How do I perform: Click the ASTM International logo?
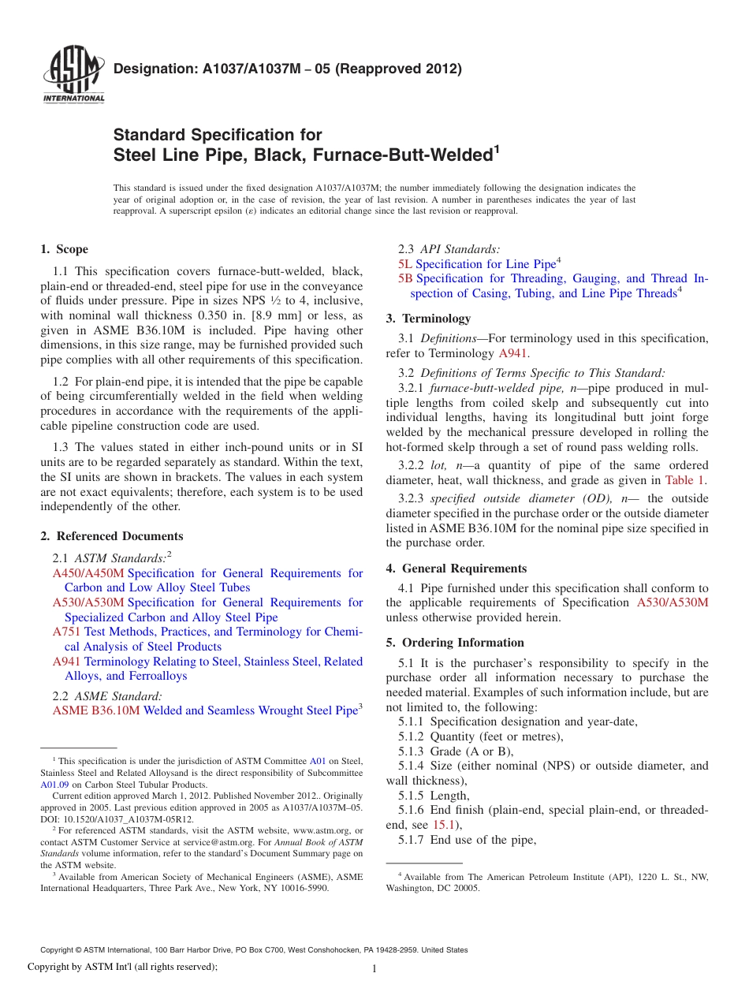tap(73, 76)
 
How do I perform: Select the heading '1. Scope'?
tap(64, 249)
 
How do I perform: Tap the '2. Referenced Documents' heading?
tap(112, 536)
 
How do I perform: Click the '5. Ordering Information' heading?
tap(455, 643)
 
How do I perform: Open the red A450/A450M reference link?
tap(88, 573)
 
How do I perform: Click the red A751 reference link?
tap(67, 632)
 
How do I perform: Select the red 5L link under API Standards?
tap(405, 264)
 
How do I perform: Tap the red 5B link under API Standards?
tap(405, 278)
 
